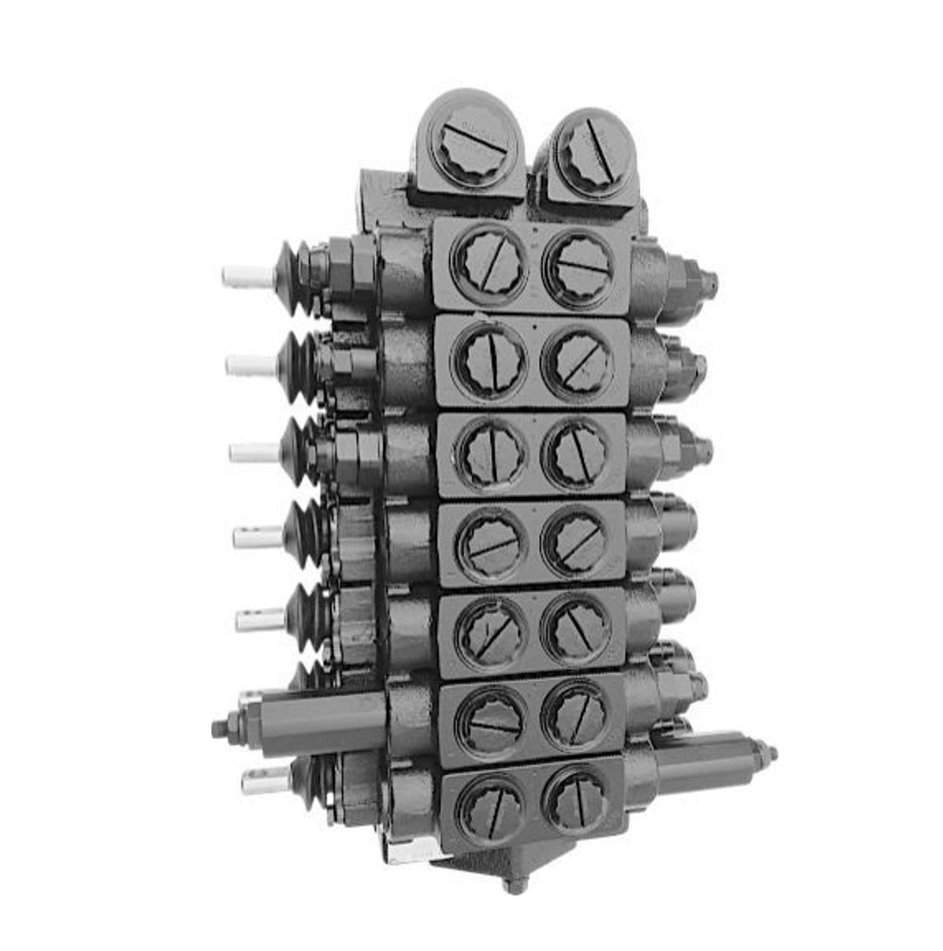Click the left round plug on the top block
coord(473,145)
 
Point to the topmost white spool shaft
coord(247,276)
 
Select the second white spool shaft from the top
coord(251,366)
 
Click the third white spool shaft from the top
coord(255,452)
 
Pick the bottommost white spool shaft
coord(266,780)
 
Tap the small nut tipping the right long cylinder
coord(769,753)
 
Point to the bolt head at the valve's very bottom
coord(515,884)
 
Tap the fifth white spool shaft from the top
coord(260,619)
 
